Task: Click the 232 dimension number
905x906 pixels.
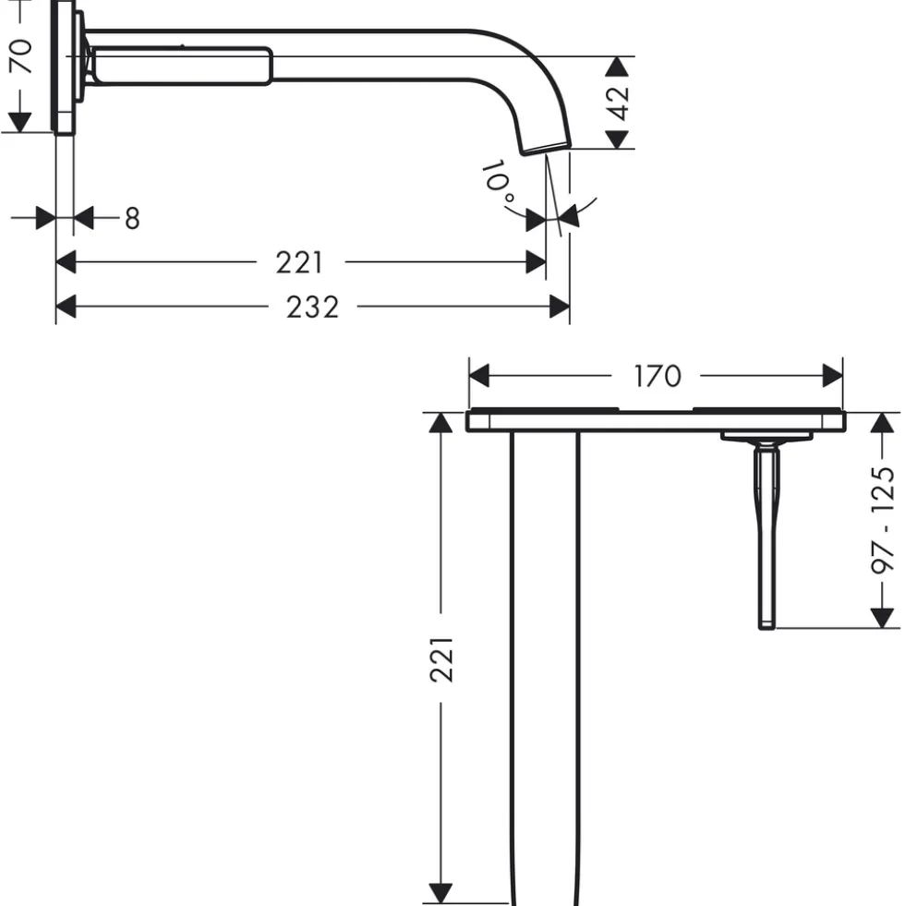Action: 312,307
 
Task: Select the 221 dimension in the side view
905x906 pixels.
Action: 299,262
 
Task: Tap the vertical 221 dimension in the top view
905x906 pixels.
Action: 442,659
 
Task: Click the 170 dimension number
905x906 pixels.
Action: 658,376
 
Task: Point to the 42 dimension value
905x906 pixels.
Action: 618,103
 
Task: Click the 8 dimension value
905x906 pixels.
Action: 132,218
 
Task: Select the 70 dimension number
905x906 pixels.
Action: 21,56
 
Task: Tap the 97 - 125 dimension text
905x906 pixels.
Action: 883,520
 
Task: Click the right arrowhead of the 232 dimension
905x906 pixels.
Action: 560,307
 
